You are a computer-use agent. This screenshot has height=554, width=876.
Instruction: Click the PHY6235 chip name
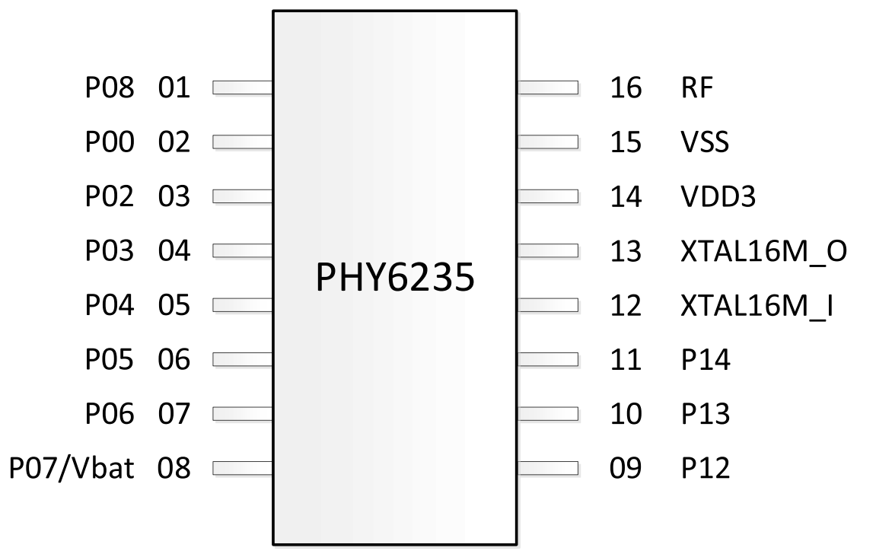395,278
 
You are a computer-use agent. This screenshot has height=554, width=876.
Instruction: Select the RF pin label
697,88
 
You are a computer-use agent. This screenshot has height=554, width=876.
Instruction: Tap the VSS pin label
705,142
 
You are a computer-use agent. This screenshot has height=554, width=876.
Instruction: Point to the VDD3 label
718,197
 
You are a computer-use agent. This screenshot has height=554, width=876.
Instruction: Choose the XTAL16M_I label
756,307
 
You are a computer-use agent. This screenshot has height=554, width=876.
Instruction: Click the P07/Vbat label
72,468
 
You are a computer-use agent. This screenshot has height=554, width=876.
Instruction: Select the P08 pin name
109,88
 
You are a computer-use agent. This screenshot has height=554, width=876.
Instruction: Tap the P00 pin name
109,142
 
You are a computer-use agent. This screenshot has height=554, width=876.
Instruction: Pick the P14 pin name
706,360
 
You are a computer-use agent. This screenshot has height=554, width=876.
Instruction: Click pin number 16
626,88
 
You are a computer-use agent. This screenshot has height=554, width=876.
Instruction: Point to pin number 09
626,468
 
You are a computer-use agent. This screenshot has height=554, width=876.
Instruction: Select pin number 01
174,88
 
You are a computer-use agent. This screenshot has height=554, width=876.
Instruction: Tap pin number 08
174,468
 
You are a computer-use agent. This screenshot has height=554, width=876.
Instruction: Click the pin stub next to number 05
243,306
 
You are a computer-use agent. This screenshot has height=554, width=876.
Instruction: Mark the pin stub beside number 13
547,251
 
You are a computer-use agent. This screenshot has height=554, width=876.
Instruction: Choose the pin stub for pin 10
547,414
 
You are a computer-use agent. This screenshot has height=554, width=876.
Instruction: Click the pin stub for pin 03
243,197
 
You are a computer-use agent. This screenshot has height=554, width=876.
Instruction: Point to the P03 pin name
109,251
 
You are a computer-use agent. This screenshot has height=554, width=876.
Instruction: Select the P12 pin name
706,468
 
